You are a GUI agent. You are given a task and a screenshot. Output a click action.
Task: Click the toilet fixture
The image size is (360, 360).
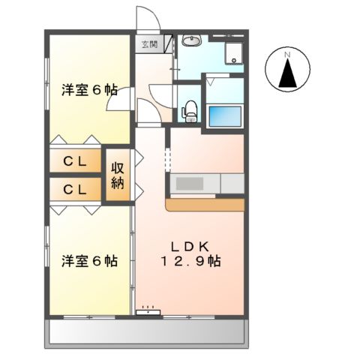pos(190,108)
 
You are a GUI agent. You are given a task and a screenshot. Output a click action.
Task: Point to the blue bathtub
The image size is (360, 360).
pos(226,116)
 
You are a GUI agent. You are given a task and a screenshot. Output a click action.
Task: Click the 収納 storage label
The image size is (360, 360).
pos(118,176)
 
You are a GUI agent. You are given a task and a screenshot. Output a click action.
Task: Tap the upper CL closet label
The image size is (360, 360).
pos(72,162)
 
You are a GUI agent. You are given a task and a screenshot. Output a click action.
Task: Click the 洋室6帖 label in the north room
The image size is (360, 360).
pos(88,89)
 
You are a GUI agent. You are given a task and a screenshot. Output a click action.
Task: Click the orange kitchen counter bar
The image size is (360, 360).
pos(205,204)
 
